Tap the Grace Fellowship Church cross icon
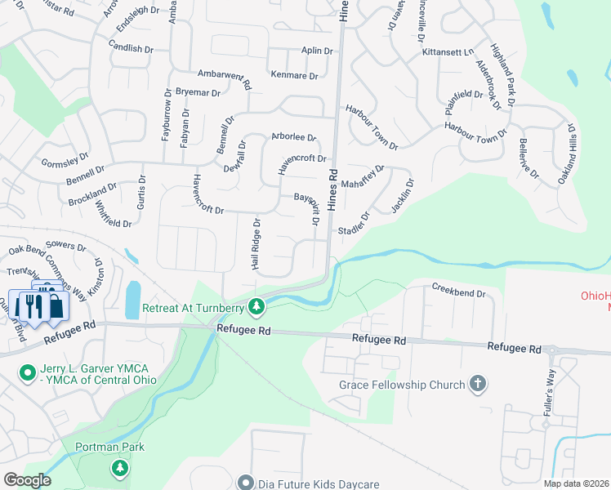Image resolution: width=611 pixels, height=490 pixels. (479, 384)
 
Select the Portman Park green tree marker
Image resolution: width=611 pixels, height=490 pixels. (120, 467)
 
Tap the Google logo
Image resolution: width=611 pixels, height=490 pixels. (27, 480)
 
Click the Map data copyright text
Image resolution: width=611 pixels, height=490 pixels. (577, 483)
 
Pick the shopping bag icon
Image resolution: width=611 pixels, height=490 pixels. (56, 306)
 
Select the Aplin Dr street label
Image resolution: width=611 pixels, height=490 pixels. (317, 51)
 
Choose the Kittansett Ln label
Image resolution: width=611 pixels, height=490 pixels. (448, 51)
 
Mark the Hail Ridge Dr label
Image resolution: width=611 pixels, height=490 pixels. (256, 244)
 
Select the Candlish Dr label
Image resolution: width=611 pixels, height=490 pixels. (130, 48)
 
